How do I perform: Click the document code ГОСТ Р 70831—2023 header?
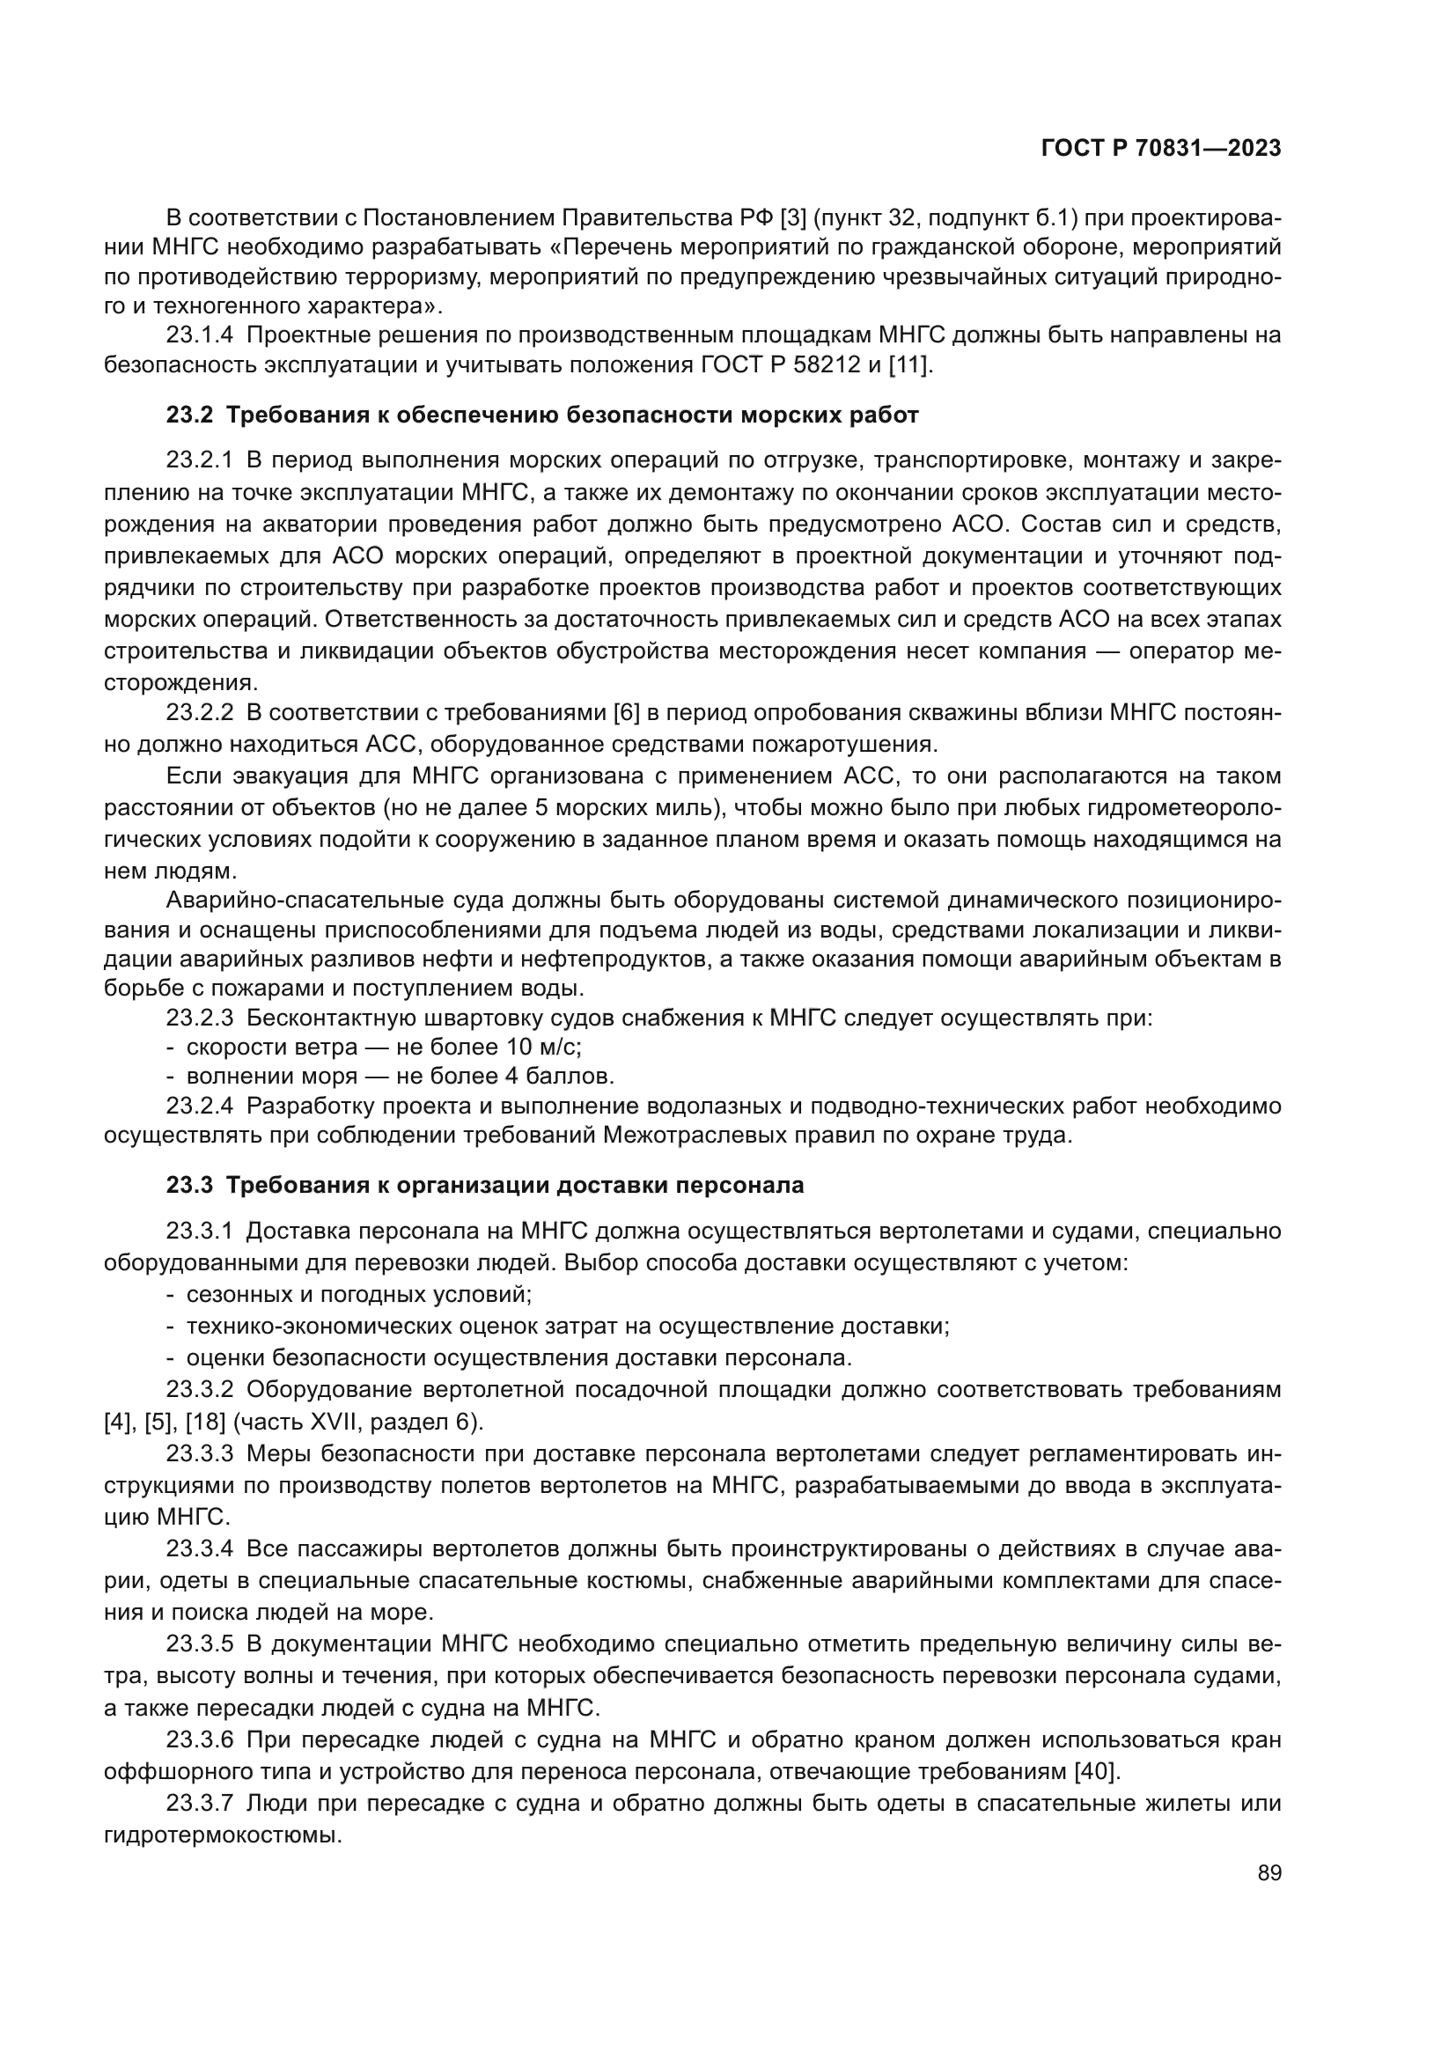click(1161, 149)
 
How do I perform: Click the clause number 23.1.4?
click(199, 335)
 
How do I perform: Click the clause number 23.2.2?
click(199, 713)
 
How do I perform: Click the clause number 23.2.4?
click(199, 1106)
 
